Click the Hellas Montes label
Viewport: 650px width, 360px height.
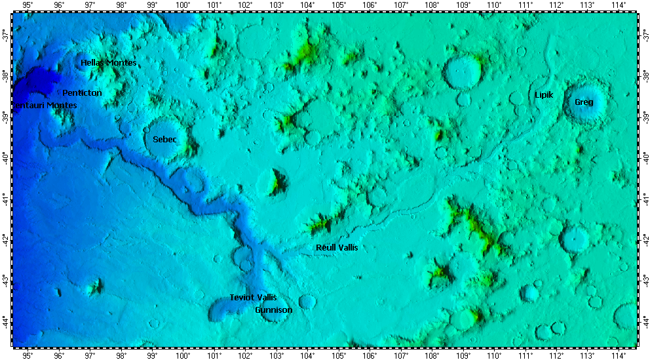click(108, 63)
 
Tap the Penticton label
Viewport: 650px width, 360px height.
click(82, 93)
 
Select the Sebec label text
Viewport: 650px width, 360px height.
click(164, 140)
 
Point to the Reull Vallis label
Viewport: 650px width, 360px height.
click(337, 248)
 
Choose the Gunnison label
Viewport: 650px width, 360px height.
click(273, 310)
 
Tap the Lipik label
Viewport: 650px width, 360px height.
click(544, 95)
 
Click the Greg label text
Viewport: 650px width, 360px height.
click(584, 102)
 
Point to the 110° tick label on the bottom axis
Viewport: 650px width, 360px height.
click(494, 355)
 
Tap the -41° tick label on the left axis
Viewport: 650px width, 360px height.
click(5, 197)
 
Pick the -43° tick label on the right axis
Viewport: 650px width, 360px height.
click(645, 280)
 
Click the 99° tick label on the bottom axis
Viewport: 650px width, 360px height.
click(152, 355)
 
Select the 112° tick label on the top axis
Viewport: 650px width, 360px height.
click(556, 5)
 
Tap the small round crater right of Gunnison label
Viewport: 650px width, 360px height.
click(307, 302)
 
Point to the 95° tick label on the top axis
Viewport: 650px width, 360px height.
click(28, 5)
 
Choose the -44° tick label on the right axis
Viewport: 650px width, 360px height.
click(645, 321)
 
